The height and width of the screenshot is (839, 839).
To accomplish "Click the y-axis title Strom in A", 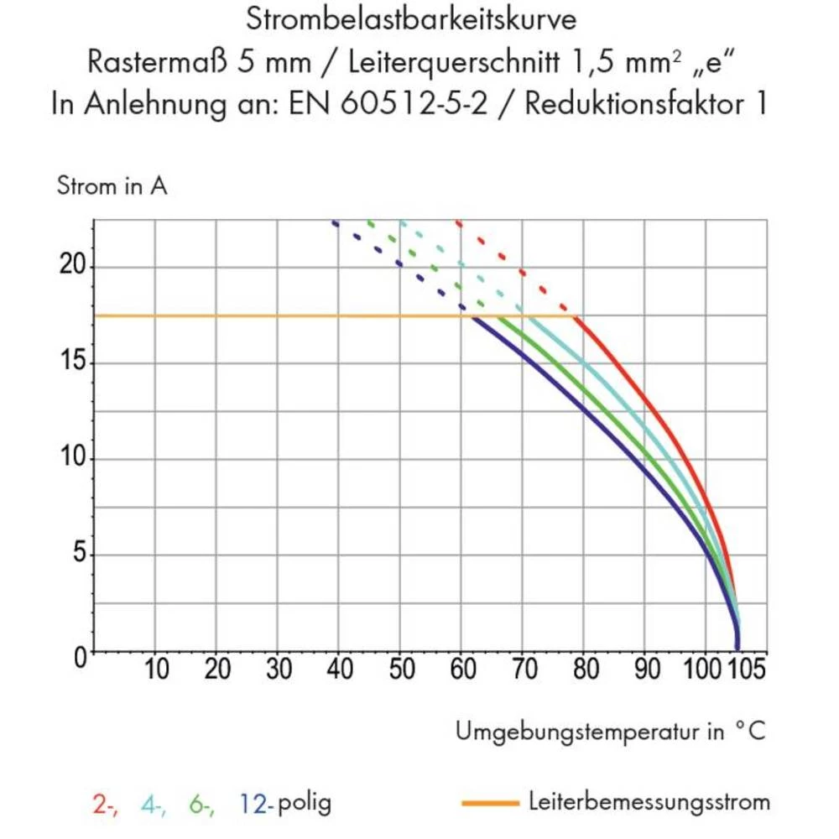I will tap(112, 186).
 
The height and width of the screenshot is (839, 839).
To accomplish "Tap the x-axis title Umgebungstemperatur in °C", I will tap(611, 732).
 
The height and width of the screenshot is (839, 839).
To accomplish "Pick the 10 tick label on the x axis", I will tap(156, 670).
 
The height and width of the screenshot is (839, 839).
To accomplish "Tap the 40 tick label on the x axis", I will tap(340, 670).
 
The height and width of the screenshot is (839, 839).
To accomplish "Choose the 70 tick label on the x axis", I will tap(524, 670).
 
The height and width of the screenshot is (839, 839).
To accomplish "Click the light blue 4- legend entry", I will tap(153, 804).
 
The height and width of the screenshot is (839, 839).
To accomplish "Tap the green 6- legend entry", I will tap(201, 804).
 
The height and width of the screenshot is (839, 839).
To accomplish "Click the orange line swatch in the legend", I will tap(491, 804).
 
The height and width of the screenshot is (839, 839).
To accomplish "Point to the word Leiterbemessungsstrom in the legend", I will tap(649, 802).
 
